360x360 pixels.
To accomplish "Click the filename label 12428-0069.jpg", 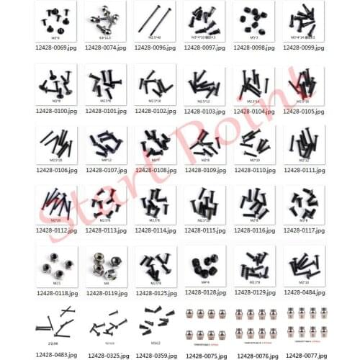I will point(55,48).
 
